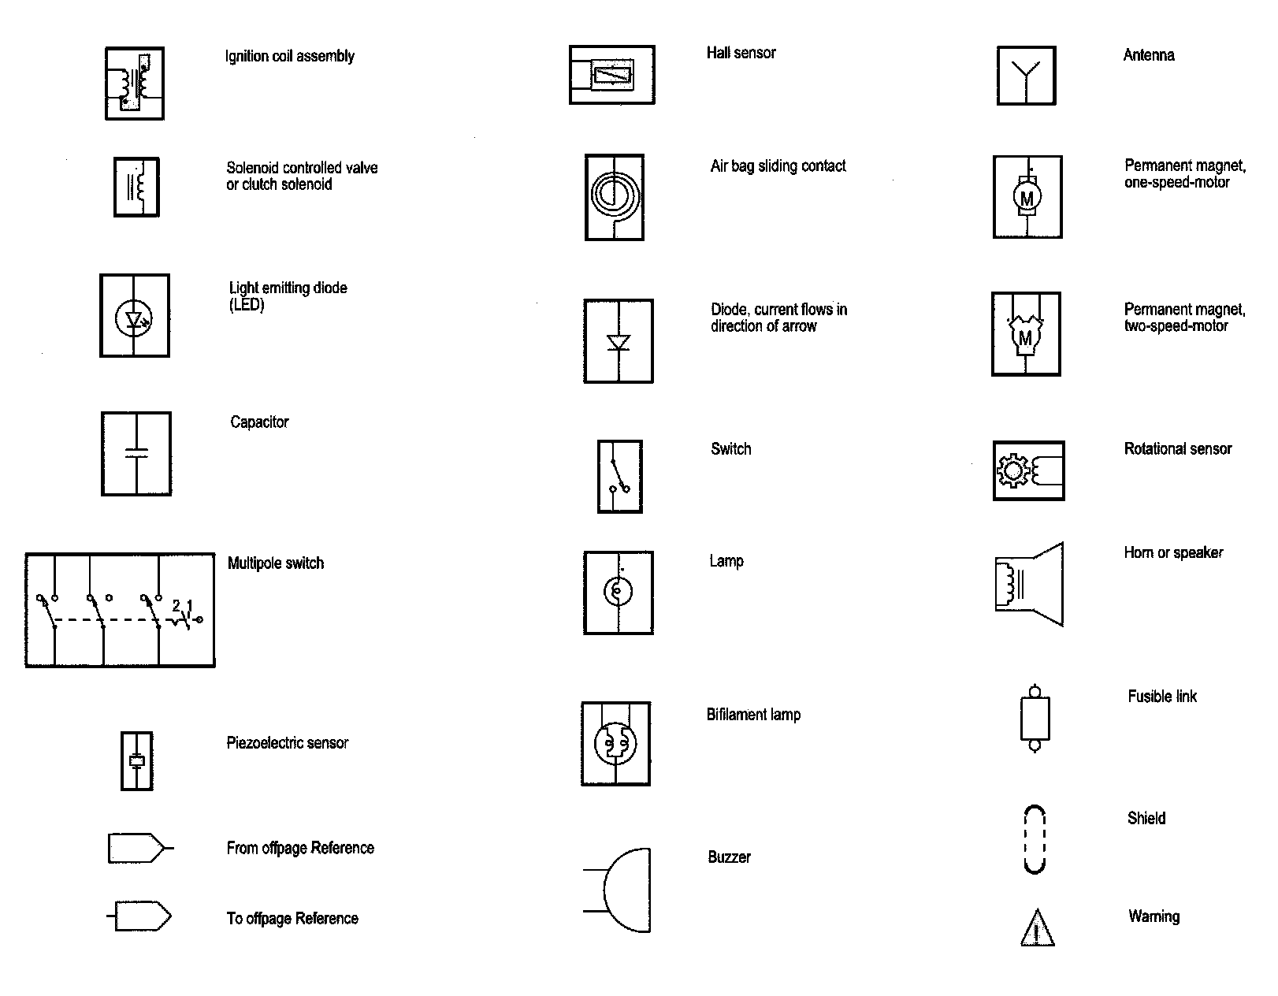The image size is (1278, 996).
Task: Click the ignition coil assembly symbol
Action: pyautogui.click(x=135, y=84)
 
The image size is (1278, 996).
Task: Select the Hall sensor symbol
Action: pyautogui.click(x=611, y=75)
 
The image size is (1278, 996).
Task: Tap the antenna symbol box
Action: pyautogui.click(x=1026, y=75)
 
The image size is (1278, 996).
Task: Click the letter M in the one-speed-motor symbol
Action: pyautogui.click(x=1027, y=198)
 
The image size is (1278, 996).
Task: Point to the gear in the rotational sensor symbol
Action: pyautogui.click(x=1012, y=470)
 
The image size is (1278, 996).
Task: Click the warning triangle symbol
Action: pyautogui.click(x=1037, y=929)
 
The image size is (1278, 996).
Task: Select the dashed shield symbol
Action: pyautogui.click(x=1035, y=839)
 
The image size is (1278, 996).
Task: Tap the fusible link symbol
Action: pyautogui.click(x=1035, y=717)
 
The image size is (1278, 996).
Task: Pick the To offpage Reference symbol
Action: pyautogui.click(x=142, y=916)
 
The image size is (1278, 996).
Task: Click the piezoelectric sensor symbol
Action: pyautogui.click(x=137, y=761)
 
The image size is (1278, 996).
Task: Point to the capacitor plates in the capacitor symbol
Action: pyautogui.click(x=136, y=453)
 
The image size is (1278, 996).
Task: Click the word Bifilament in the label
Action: pyautogui.click(x=737, y=715)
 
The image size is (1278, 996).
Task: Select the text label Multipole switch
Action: pyautogui.click(x=276, y=563)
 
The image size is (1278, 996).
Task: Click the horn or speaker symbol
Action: pyautogui.click(x=1030, y=584)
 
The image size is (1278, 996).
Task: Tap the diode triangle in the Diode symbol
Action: pyautogui.click(x=618, y=343)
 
